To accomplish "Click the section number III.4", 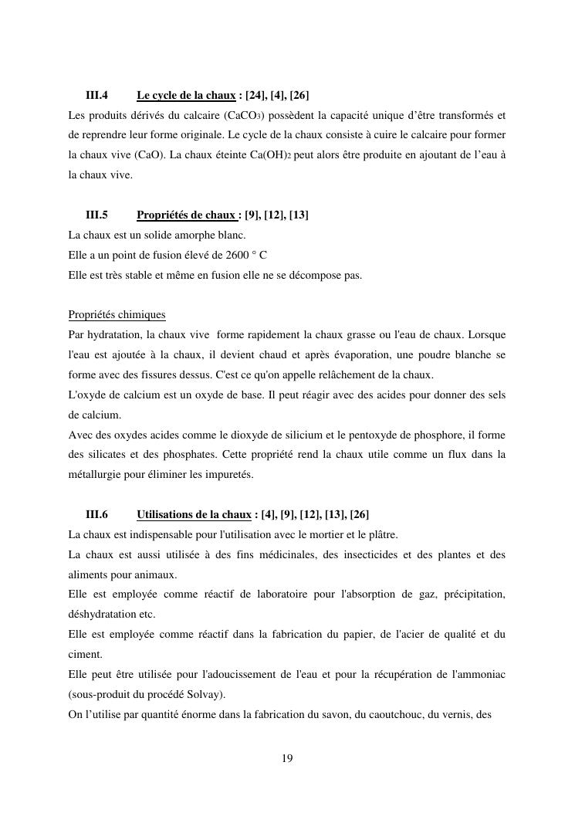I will tap(96, 96).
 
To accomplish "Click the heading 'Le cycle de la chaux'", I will tap(186, 96).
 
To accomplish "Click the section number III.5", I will tap(96, 215).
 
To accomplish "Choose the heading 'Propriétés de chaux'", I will tap(186, 215).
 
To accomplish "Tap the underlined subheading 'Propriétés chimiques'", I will tap(117, 315).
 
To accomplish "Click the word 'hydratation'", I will tap(110, 335).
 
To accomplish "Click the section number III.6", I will tap(96, 515).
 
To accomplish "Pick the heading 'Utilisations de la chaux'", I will tap(194, 515).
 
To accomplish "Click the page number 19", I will tap(287, 759).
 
